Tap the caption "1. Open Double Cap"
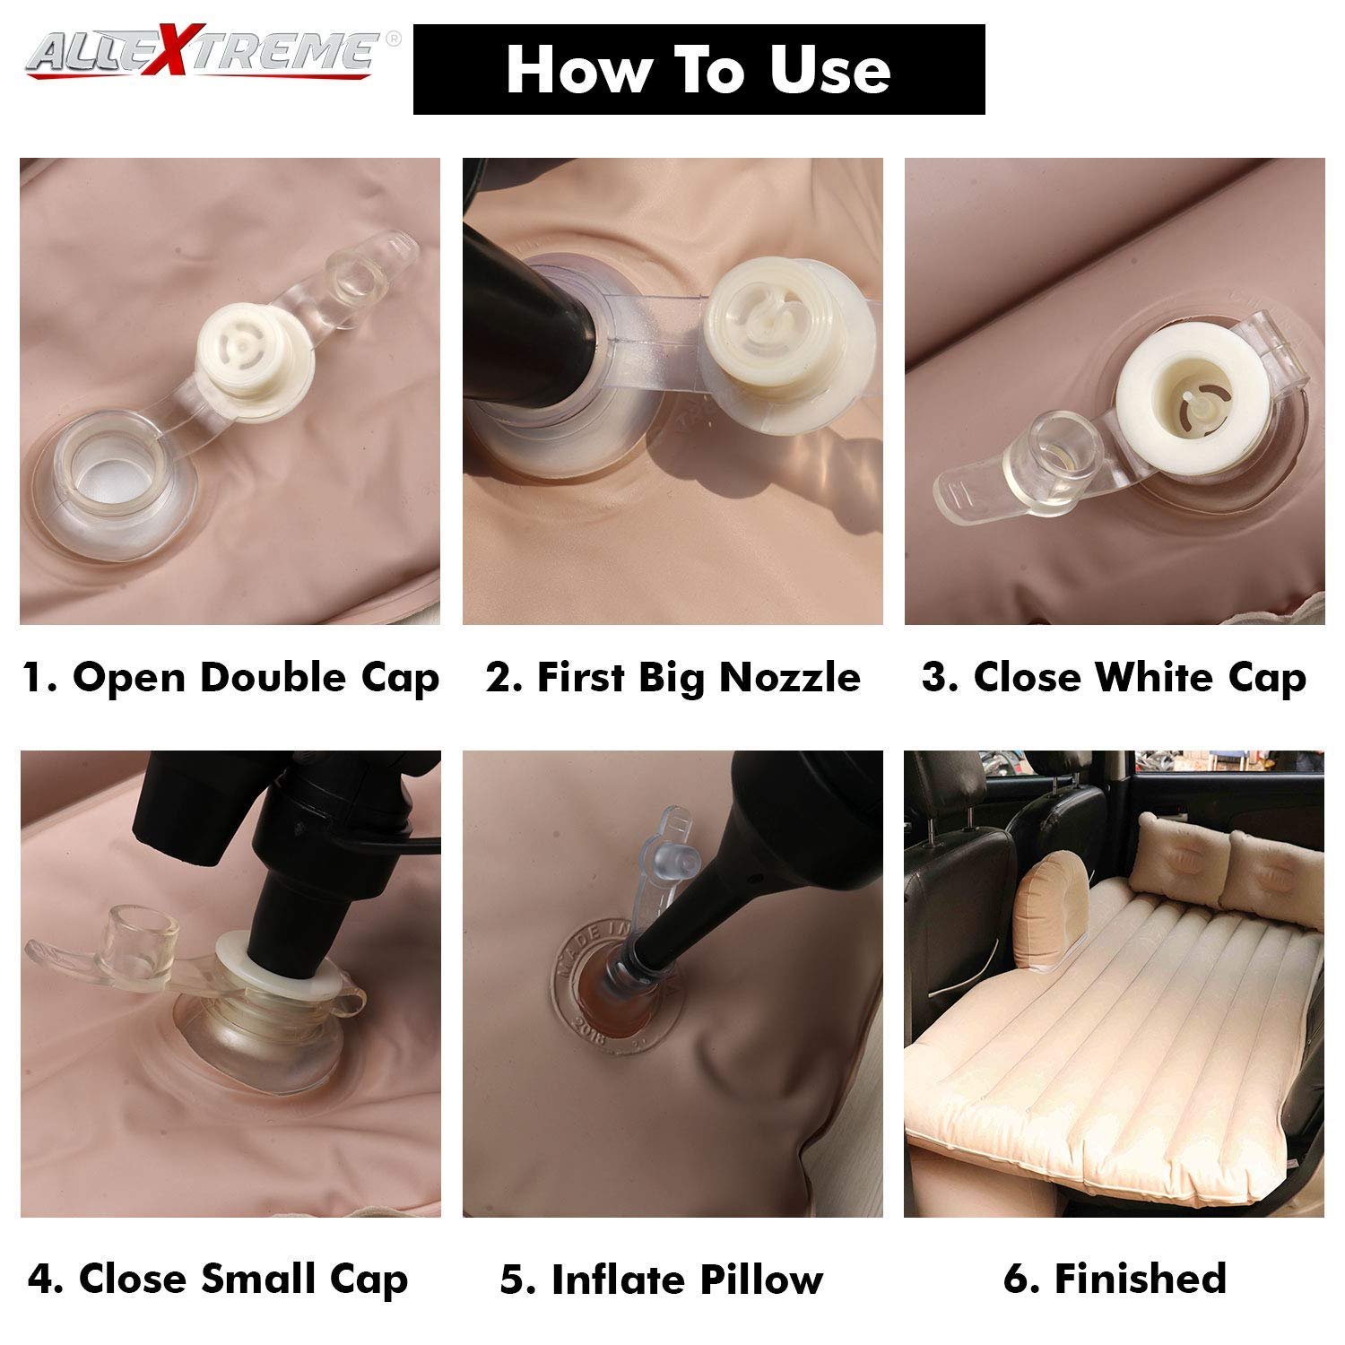pyautogui.click(x=230, y=678)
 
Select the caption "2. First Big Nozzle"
pyautogui.click(x=673, y=678)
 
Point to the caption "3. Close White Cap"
pyautogui.click(x=1114, y=678)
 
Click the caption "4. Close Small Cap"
pyautogui.click(x=218, y=1280)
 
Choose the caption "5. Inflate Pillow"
pyautogui.click(x=662, y=1280)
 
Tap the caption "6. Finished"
pyautogui.click(x=1115, y=1279)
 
